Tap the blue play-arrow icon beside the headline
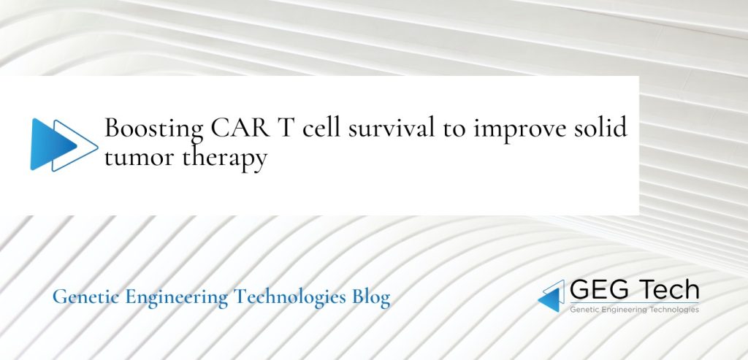[x=63, y=144]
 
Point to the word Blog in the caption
[x=370, y=298]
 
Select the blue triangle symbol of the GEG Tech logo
[x=552, y=296]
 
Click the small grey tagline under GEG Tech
[x=633, y=310]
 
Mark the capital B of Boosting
[x=113, y=128]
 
